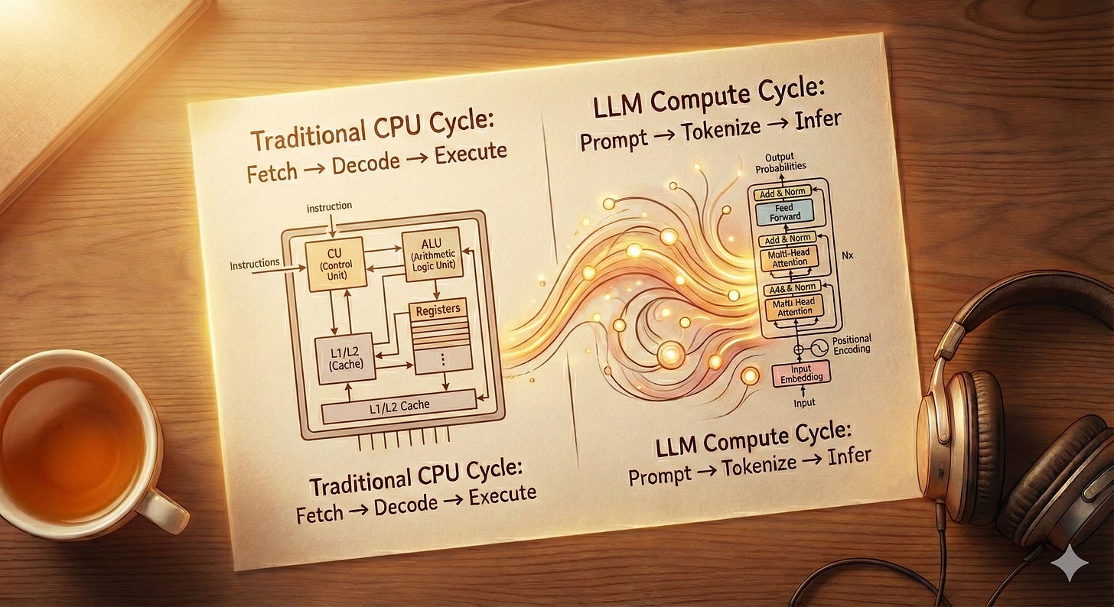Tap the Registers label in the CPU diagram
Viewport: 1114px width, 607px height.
(x=440, y=310)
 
